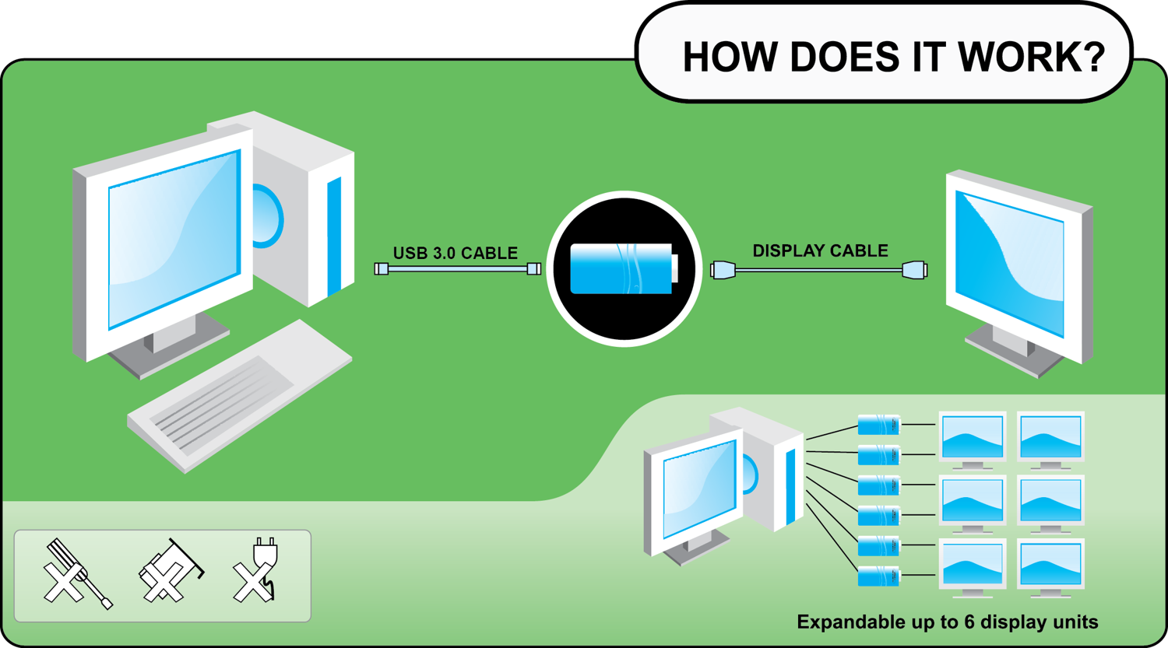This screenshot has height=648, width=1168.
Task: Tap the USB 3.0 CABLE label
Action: pos(455,253)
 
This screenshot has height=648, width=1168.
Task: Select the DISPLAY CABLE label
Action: pos(819,250)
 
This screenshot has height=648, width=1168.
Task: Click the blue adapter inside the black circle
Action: pos(623,268)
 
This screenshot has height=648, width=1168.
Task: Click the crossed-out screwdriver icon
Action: pos(76,575)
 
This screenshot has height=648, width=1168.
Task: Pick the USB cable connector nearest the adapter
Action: pos(533,268)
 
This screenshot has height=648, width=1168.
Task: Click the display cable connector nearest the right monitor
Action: pos(914,270)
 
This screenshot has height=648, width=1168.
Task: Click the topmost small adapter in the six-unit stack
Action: pos(878,425)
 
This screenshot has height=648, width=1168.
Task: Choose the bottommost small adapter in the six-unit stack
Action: pos(878,576)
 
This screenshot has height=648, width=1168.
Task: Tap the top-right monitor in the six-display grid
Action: pos(1050,437)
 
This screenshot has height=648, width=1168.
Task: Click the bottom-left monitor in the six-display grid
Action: pos(972,565)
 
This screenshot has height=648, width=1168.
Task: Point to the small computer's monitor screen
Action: pos(698,489)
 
